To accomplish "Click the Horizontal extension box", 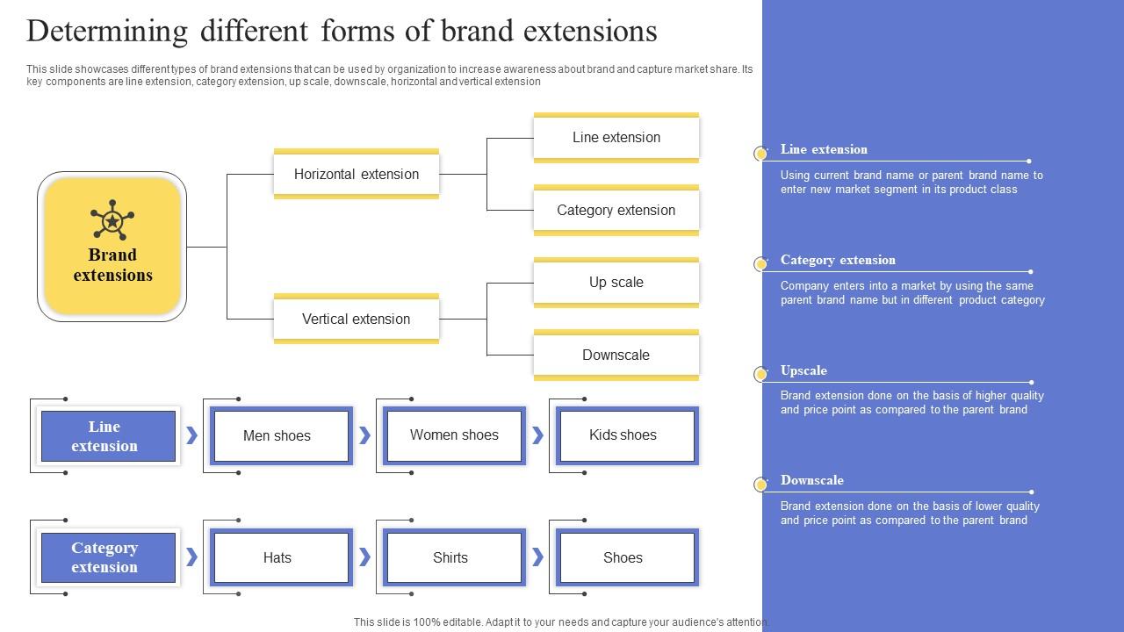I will (x=356, y=174).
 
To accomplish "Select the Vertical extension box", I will (x=356, y=319).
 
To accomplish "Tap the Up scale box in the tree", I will (x=616, y=282).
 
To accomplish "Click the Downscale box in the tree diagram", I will (x=616, y=355).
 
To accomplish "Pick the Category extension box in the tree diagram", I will (x=616, y=210).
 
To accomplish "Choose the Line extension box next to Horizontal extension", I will (x=616, y=137).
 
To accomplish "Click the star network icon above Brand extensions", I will (x=112, y=220).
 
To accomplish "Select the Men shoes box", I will (x=277, y=435).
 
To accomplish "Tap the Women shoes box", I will (x=454, y=435).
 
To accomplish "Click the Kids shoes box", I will (x=623, y=435).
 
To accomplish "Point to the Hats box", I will (x=277, y=557).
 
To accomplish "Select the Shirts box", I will (x=450, y=557).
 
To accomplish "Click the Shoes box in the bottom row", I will (x=623, y=557).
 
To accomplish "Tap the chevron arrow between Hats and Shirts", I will (x=364, y=557).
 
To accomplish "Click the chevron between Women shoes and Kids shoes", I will (x=537, y=435).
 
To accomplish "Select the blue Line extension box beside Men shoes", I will (x=104, y=436).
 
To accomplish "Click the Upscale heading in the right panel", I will (x=803, y=370).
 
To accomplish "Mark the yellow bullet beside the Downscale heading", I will (x=760, y=485).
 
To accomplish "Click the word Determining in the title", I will (x=107, y=31).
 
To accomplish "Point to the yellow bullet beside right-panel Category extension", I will (x=760, y=263).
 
